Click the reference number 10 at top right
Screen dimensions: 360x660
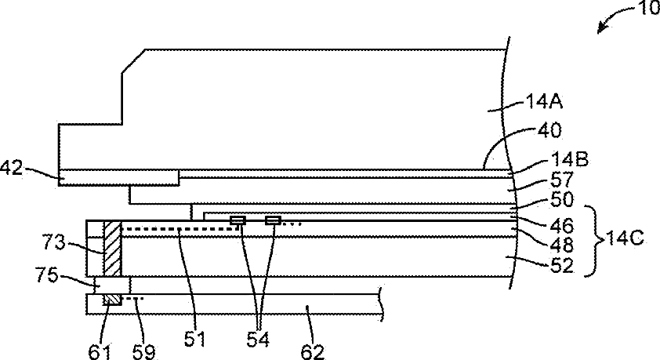pos(645,11)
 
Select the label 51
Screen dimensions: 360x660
pos(196,336)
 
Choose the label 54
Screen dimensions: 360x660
pos(258,336)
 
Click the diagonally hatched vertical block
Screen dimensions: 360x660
pos(112,248)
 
